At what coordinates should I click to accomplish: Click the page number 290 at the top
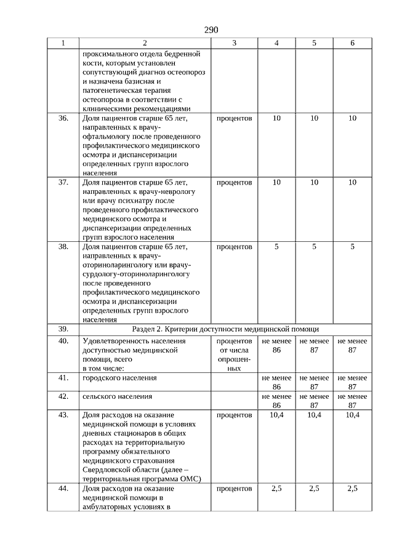tap(211, 30)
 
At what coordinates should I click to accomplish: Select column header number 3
tap(234, 43)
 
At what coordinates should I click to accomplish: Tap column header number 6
tap(352, 43)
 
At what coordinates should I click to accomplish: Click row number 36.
tap(63, 118)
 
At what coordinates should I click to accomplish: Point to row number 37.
tap(63, 182)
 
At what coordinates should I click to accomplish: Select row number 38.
tap(63, 247)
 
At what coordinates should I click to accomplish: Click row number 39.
tap(63, 329)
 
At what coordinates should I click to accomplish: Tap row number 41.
tap(63, 377)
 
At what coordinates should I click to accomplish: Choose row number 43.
tap(63, 415)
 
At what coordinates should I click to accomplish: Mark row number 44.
tap(63, 488)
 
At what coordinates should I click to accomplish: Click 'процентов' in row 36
tap(234, 118)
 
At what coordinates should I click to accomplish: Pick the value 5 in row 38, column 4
tap(276, 247)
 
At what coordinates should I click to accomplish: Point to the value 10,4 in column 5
tap(314, 415)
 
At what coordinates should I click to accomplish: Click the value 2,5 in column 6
tap(352, 488)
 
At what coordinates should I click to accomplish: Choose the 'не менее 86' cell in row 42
tap(276, 401)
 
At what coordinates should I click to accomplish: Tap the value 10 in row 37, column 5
tap(314, 182)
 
